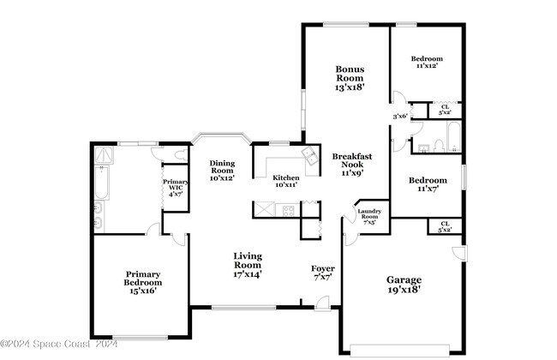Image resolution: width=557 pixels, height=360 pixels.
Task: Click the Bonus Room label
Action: point(350,77)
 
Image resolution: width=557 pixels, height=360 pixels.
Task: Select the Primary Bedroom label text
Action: point(142,282)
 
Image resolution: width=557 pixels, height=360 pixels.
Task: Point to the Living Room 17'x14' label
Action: point(249,265)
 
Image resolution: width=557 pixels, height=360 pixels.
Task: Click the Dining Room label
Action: point(222,171)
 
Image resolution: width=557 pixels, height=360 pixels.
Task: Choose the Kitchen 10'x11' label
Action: point(285,181)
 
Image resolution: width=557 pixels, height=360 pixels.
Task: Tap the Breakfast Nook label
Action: point(349,164)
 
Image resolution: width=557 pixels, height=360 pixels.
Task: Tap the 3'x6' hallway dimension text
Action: point(398,116)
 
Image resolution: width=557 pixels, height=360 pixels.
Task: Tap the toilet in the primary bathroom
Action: point(177,155)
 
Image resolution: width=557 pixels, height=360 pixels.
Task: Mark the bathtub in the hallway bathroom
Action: point(452,137)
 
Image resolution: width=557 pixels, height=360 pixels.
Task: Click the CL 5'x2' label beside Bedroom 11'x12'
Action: point(445,110)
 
